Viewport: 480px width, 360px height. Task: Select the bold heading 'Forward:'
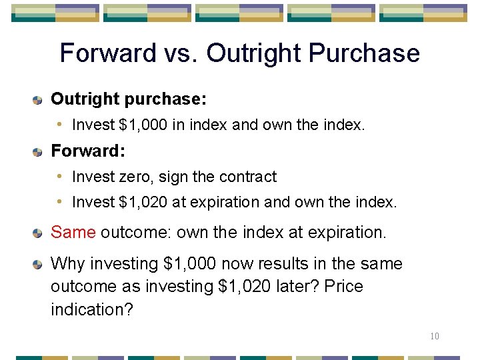88,151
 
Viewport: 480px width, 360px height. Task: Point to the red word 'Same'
73,233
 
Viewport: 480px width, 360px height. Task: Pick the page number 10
434,336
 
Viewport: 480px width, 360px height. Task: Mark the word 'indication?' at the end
92,309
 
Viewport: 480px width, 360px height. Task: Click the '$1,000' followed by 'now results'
189,264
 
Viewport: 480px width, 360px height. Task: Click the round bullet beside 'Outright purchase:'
38,100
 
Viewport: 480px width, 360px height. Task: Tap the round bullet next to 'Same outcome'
38,233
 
